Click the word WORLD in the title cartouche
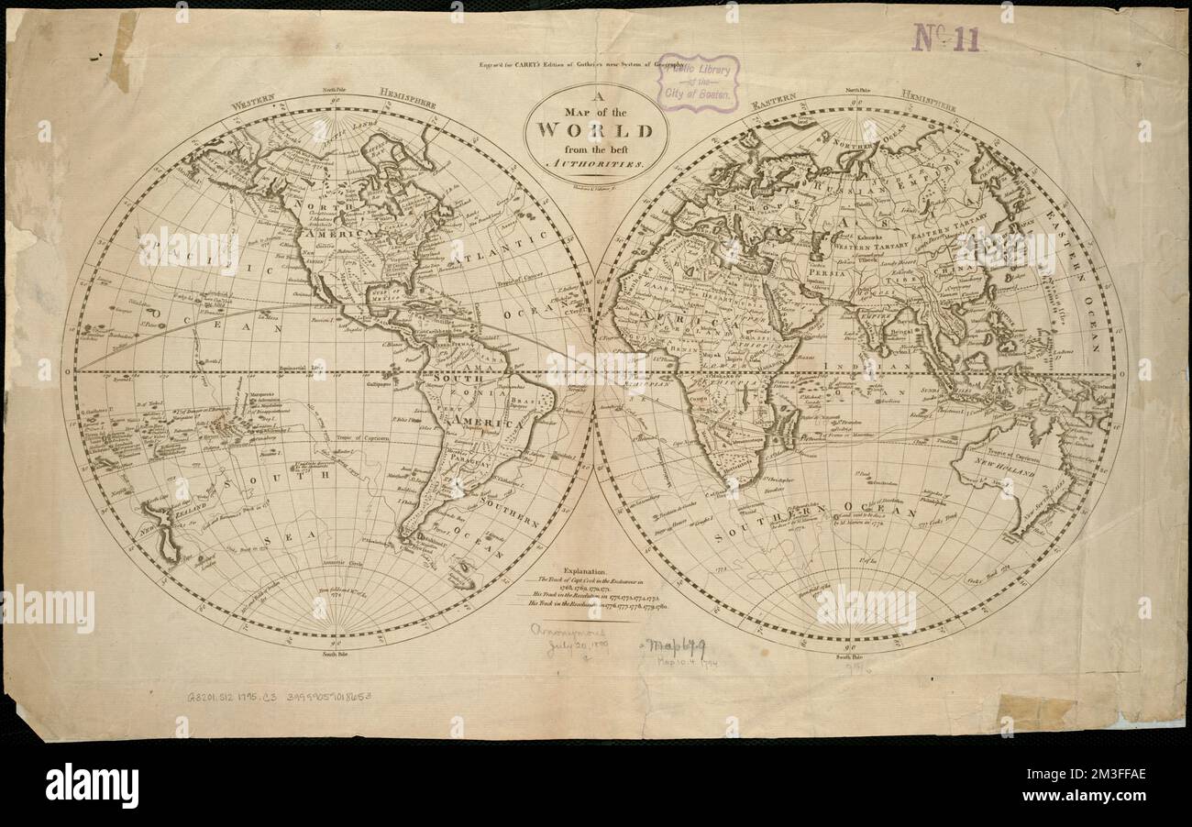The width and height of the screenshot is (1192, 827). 595,129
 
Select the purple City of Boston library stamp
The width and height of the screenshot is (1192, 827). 698,83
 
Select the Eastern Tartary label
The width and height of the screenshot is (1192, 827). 947,237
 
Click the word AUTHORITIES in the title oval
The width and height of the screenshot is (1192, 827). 596,160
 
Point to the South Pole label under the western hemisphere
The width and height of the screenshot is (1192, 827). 334,655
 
